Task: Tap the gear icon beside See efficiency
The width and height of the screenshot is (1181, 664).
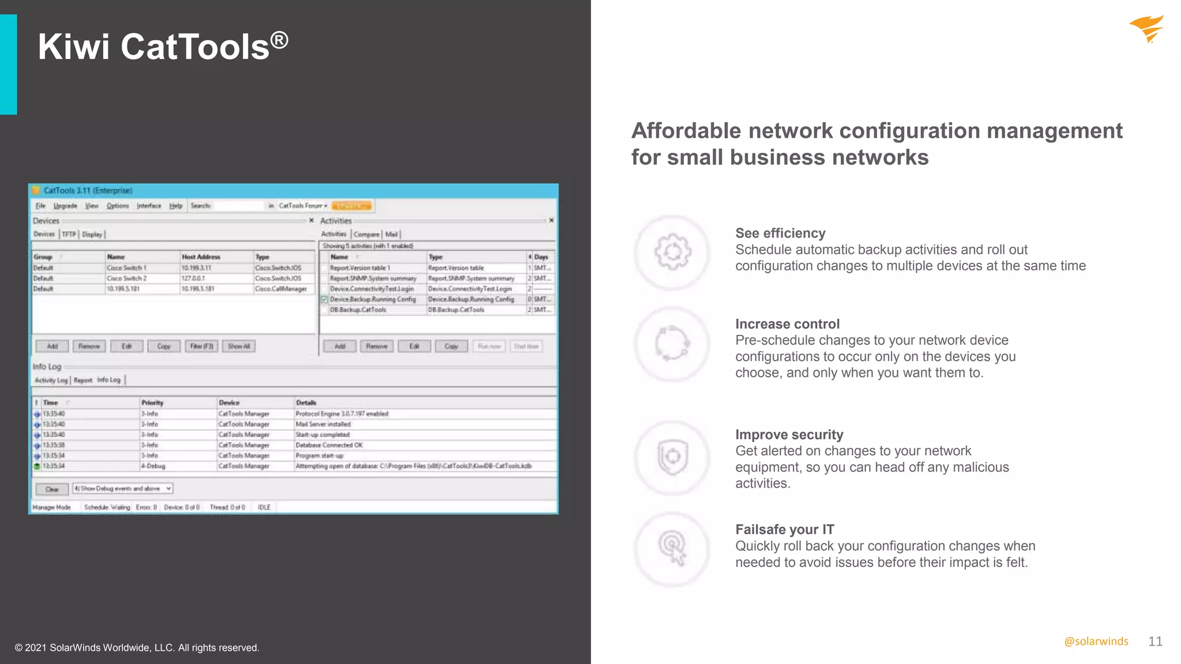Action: tap(672, 252)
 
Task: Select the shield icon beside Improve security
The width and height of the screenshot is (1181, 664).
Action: tap(672, 457)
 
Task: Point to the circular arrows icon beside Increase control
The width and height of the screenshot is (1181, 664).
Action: tap(672, 344)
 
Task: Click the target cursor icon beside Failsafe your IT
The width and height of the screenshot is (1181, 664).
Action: tap(672, 548)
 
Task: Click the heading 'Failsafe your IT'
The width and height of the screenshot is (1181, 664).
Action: tap(784, 529)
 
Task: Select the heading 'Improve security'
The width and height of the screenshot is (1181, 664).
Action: tap(789, 435)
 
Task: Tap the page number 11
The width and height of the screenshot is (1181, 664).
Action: tap(1155, 642)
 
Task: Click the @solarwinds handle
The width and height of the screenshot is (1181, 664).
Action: tap(1096, 642)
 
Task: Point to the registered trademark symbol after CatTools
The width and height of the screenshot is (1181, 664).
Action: tap(279, 40)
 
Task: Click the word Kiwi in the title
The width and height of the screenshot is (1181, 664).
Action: tap(73, 47)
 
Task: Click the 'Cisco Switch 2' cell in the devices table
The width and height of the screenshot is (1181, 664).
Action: tap(127, 278)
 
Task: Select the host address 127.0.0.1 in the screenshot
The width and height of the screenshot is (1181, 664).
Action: tap(193, 278)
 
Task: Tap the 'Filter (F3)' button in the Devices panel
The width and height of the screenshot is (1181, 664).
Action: tap(201, 346)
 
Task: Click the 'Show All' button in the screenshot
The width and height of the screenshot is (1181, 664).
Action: tap(239, 346)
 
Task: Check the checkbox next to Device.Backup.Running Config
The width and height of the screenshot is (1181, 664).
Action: tap(324, 300)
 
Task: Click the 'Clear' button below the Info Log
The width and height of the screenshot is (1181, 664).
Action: tap(52, 489)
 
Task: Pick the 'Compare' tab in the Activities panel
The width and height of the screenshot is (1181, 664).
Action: tap(366, 234)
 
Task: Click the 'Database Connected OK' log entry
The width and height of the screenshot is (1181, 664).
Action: tap(329, 445)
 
